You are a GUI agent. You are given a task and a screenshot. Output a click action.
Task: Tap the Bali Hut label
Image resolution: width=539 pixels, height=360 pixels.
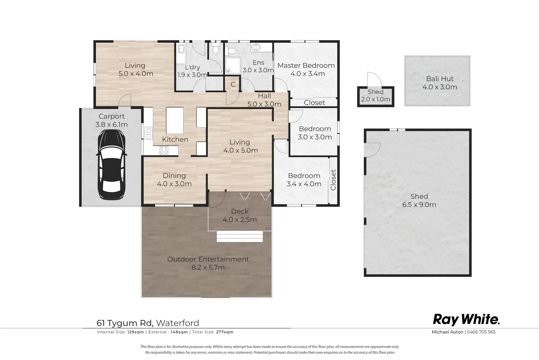click(440, 79)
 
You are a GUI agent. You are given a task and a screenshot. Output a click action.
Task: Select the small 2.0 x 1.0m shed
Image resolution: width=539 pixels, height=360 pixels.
click(376, 96)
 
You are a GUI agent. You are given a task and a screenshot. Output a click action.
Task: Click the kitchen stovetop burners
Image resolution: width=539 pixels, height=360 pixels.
click(164, 150)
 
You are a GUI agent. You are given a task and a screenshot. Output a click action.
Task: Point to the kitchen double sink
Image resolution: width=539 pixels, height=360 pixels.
click(149, 133)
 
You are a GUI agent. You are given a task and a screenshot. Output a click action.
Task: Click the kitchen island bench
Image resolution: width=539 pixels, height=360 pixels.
click(175, 120)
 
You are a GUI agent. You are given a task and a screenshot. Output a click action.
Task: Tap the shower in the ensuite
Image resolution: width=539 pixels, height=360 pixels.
click(233, 65)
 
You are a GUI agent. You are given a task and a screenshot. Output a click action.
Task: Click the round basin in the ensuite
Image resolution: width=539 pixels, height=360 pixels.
click(256, 47)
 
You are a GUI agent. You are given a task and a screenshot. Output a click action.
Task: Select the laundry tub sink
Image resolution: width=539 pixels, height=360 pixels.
click(181, 49)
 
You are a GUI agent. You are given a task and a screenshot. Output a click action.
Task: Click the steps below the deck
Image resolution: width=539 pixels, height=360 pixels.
click(240, 236)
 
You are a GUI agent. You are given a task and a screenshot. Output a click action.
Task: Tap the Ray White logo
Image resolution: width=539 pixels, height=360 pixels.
click(466, 320)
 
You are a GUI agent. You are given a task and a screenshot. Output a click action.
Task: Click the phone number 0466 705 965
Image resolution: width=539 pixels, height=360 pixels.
click(481, 332)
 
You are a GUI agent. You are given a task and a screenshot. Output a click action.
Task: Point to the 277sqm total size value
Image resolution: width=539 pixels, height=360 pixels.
click(225, 332)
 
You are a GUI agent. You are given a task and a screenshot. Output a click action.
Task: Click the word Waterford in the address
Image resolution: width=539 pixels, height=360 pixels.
click(178, 323)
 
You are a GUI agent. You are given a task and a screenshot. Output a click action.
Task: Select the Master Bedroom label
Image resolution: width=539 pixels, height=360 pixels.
click(306, 65)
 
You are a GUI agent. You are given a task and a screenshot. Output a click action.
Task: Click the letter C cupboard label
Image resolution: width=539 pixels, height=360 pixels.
click(233, 84)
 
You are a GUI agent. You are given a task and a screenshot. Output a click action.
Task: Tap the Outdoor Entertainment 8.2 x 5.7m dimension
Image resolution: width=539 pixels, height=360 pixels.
click(208, 267)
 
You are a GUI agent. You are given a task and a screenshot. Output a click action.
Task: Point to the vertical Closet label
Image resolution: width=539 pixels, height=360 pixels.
click(333, 180)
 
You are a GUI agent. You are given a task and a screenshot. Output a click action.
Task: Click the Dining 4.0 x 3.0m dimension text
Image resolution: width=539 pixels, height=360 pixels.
click(174, 184)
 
